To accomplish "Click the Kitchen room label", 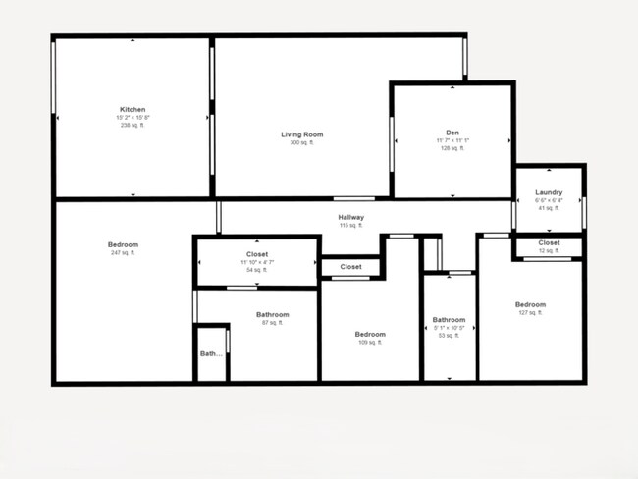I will point(133,109).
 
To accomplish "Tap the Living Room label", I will point(301,134).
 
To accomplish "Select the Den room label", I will point(452,132).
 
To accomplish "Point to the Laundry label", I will point(549,192).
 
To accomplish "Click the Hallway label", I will point(351,217).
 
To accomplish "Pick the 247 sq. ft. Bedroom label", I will point(123,244).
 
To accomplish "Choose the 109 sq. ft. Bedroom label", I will point(370,334).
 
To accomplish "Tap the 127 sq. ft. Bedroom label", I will point(530,304).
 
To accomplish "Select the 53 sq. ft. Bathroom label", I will point(449,319).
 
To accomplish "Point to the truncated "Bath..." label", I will point(211,353).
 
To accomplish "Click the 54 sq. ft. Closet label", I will point(257,254).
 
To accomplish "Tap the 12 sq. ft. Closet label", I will point(549,242).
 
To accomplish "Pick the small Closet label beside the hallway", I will point(350,266).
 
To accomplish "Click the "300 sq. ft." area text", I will point(301,143).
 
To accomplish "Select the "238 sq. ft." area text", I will point(133,126).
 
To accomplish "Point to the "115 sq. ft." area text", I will point(351,226).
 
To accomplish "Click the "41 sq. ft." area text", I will point(549,209).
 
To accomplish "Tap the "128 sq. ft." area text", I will point(452,149).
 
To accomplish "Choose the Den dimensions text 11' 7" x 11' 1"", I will point(452,140).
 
